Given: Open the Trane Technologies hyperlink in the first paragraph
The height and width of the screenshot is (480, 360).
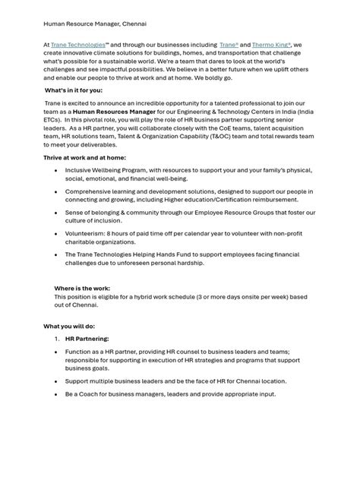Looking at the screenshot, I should pos(78,46).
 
